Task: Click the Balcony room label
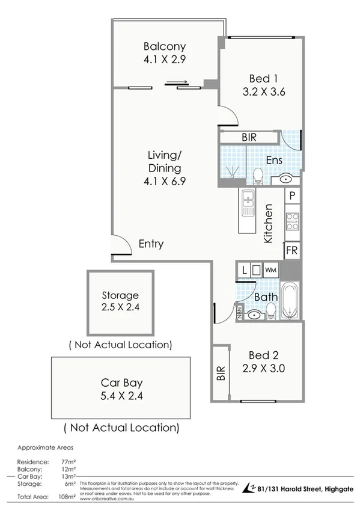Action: [164, 46]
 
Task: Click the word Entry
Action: [151, 244]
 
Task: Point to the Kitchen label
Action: [269, 223]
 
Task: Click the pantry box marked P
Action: [291, 195]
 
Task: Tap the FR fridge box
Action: [291, 250]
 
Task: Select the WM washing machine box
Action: [270, 269]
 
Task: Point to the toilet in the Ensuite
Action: [257, 176]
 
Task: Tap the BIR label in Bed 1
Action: [249, 138]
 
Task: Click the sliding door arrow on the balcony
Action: [178, 83]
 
